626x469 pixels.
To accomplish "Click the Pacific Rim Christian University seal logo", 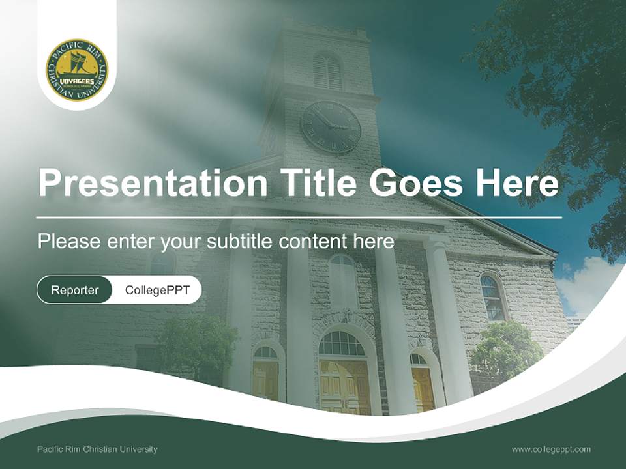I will [x=77, y=70].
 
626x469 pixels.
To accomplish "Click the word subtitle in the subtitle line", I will [x=240, y=242].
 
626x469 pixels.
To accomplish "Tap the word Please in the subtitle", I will [x=68, y=242].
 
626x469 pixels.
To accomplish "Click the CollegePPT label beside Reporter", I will [x=157, y=290].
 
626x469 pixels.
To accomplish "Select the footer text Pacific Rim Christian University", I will [x=97, y=449].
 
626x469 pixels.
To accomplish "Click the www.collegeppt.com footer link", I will [x=551, y=449].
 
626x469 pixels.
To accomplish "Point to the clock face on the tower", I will [x=331, y=127].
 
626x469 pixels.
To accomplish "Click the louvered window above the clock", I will [x=327, y=70].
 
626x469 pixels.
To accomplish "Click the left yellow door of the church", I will [x=265, y=381].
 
